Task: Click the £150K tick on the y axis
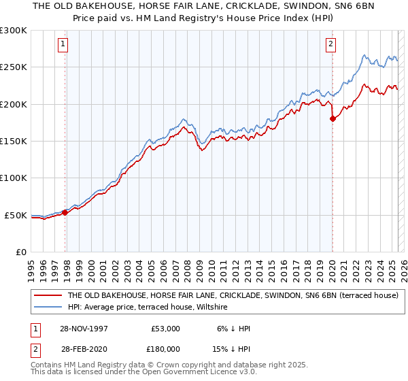point(14,142)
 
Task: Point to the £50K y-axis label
point(16,215)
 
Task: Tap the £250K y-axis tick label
point(14,67)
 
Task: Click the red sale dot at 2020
point(333,119)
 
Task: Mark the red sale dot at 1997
point(65,212)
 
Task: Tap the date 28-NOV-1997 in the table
point(82,329)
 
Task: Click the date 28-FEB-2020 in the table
point(82,348)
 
